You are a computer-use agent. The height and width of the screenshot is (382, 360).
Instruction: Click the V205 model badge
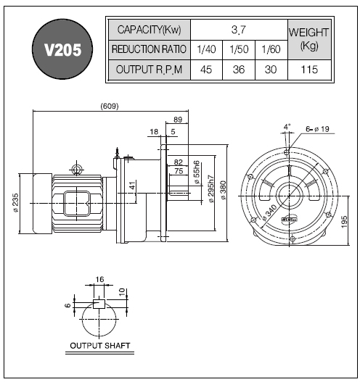click(x=62, y=49)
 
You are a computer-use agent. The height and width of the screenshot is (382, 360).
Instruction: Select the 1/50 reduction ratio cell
click(x=239, y=49)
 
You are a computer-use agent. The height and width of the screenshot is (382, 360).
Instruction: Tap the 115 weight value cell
click(x=309, y=70)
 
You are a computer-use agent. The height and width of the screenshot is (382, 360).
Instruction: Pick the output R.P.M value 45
click(x=206, y=70)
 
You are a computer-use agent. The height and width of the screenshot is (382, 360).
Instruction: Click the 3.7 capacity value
click(x=239, y=30)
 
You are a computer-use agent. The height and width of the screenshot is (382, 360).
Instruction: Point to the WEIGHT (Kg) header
click(x=309, y=39)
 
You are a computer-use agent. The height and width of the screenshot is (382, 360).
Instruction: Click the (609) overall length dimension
click(x=110, y=107)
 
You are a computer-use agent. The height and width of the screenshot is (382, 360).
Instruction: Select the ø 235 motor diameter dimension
click(x=16, y=203)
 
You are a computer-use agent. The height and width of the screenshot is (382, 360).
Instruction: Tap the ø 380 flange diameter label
click(x=224, y=190)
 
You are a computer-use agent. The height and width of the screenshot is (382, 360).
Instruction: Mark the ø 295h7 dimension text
click(x=211, y=188)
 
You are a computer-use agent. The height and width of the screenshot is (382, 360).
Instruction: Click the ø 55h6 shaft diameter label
click(x=197, y=172)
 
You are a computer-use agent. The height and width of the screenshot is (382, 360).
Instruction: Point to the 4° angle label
click(x=287, y=127)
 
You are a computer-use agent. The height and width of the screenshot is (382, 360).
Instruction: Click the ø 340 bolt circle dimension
click(x=270, y=213)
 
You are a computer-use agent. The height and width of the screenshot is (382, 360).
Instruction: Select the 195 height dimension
click(x=344, y=222)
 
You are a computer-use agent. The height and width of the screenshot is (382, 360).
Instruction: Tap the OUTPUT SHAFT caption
click(x=100, y=346)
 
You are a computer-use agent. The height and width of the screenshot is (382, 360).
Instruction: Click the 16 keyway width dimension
click(x=99, y=279)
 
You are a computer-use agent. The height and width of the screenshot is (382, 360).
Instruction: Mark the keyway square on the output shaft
click(x=99, y=304)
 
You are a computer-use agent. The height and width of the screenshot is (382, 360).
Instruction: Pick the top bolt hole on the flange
click(x=287, y=152)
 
